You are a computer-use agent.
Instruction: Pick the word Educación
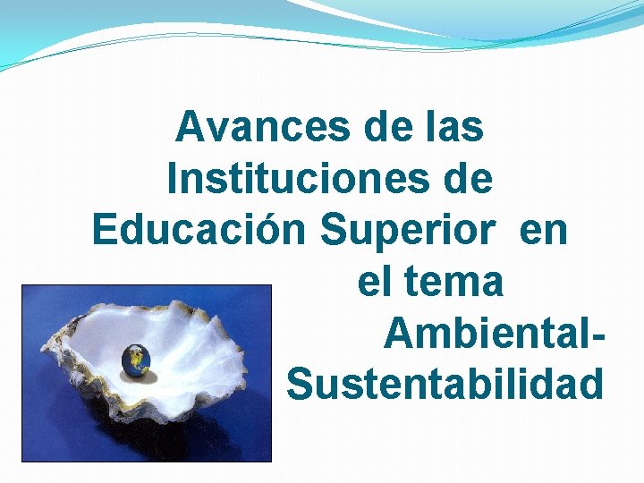click(x=200, y=230)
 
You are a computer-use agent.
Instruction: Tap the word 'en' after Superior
click(x=543, y=230)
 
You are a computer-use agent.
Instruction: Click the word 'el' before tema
click(x=375, y=282)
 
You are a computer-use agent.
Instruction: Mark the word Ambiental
click(x=484, y=334)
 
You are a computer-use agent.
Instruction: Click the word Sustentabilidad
click(x=445, y=385)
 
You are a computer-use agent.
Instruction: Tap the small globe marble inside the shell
click(x=137, y=360)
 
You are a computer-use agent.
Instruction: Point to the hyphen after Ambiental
click(x=594, y=338)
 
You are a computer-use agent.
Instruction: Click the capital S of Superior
click(x=332, y=230)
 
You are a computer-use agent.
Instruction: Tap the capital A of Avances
click(x=189, y=127)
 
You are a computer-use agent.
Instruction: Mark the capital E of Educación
click(x=103, y=230)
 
